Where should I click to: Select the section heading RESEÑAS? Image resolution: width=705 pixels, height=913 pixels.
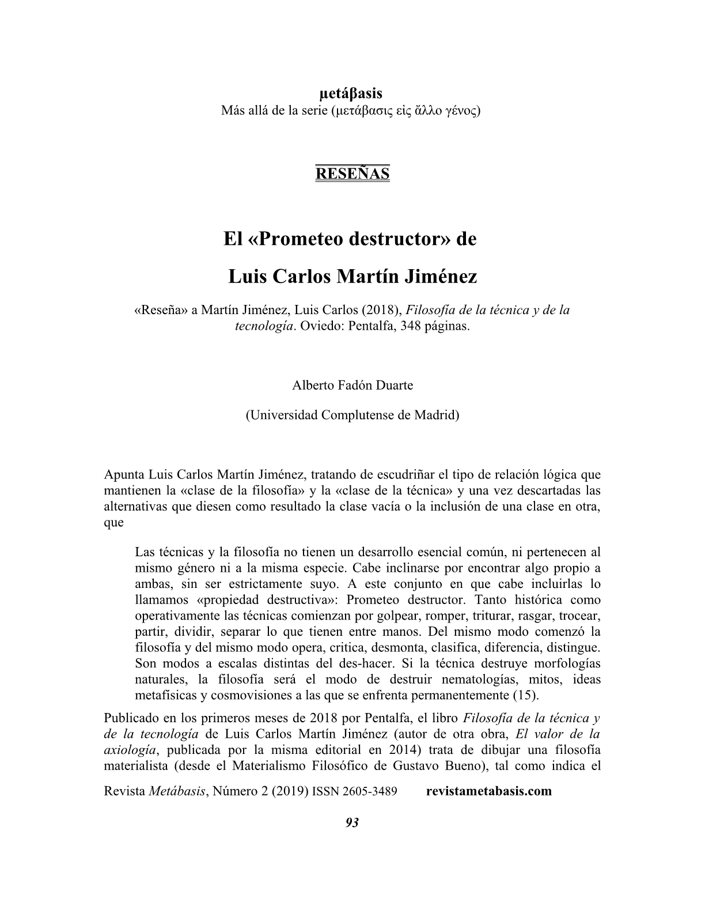(x=352, y=173)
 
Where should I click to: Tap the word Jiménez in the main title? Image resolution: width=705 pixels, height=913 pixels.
(x=440, y=277)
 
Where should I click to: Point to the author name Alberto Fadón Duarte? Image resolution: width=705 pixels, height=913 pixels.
(x=352, y=386)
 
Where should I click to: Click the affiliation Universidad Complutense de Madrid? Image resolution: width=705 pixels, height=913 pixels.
(x=352, y=415)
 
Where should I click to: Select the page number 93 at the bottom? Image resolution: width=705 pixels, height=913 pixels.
(x=352, y=823)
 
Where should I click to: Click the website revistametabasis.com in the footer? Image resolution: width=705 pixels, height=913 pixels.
(x=489, y=791)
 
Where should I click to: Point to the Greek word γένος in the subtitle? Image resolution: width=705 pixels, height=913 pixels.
(x=460, y=110)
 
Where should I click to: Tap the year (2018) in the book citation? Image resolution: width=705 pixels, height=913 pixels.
(x=381, y=310)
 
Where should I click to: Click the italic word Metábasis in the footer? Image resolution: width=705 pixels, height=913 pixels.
(x=177, y=791)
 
